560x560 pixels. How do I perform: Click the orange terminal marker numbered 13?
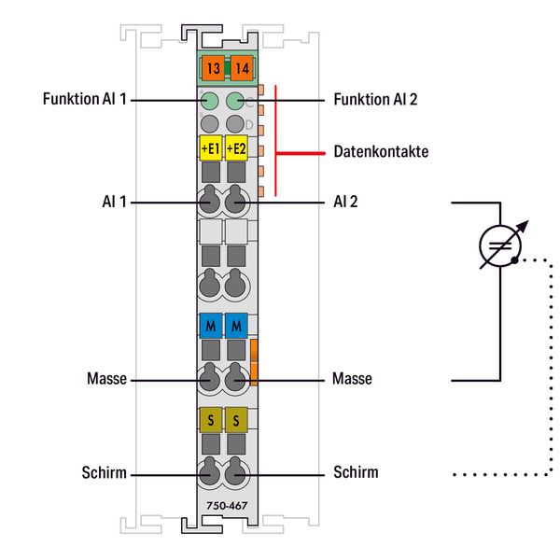212,68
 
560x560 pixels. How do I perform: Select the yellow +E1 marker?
211,148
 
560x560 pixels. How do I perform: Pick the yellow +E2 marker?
236,148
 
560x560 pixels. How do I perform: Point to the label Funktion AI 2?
376,99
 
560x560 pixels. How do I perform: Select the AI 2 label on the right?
345,201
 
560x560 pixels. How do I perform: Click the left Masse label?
107,379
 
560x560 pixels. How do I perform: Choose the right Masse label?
352,379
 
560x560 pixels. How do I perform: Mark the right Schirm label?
356,472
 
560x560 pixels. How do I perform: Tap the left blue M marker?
211,326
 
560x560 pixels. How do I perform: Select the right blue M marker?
236,326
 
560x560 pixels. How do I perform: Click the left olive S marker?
211,419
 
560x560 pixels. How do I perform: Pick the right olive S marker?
236,419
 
